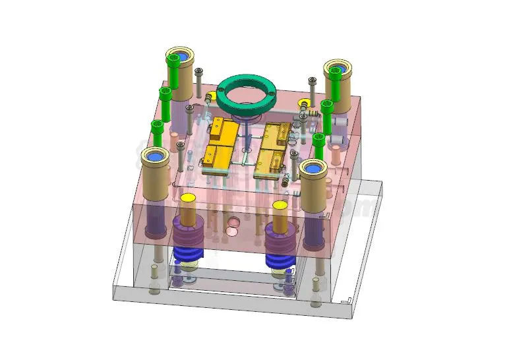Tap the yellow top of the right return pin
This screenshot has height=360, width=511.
pyautogui.click(x=279, y=206)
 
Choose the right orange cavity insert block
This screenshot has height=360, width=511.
pyautogui.click(x=273, y=148)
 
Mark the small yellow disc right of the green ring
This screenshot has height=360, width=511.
pyautogui.click(x=304, y=103)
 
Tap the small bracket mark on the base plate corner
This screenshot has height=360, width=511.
pyautogui.click(x=343, y=300)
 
